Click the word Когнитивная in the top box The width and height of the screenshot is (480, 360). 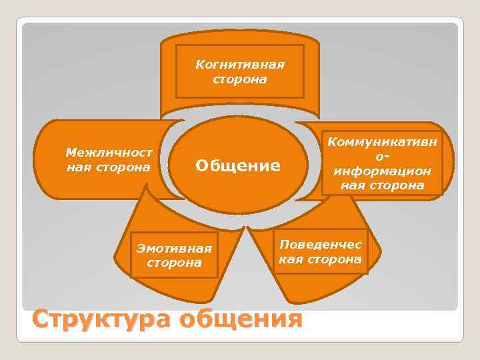point(240,65)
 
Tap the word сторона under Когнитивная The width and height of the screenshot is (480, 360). point(240,79)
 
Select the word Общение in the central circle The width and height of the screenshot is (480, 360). point(237,165)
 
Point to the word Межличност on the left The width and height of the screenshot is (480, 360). point(109,152)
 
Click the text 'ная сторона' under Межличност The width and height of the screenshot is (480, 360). point(109,167)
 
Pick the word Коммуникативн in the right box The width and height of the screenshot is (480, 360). point(382,142)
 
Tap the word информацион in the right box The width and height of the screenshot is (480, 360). point(382,171)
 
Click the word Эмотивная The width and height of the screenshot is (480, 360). point(174,249)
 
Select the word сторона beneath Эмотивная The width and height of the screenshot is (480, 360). point(174,263)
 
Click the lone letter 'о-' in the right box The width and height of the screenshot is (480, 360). point(382,157)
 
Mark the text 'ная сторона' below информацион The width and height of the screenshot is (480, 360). point(382,185)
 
